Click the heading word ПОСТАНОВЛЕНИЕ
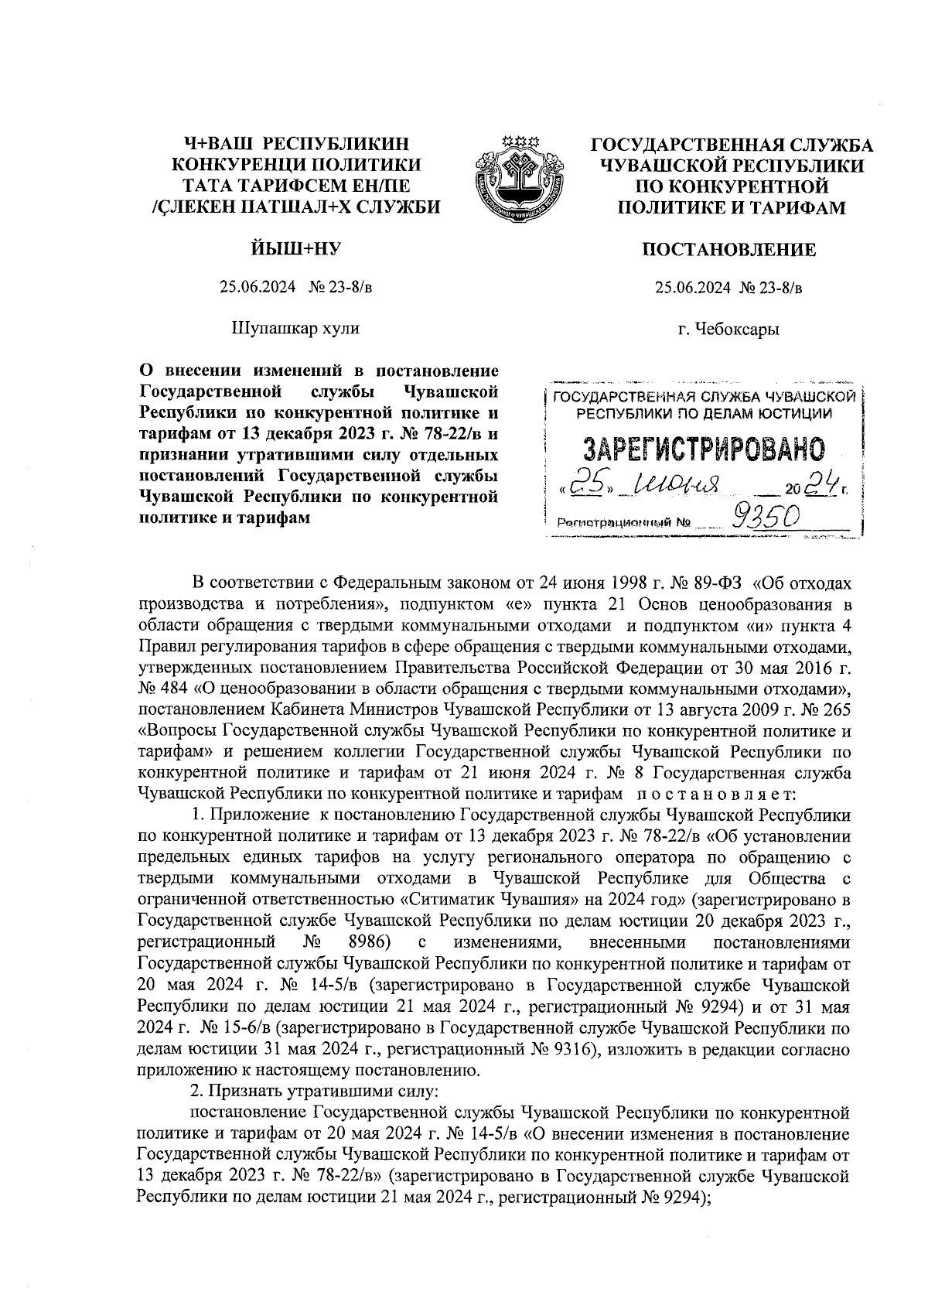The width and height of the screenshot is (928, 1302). pos(729,250)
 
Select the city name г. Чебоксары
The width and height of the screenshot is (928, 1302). pos(728,329)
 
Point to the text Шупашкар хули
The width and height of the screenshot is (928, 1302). pos(296,328)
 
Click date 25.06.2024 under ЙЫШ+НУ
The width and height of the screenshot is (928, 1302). pos(258,289)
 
